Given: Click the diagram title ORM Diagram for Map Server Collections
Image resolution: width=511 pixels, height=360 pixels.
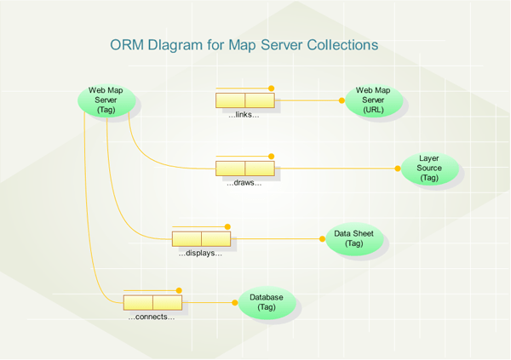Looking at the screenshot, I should (244, 44).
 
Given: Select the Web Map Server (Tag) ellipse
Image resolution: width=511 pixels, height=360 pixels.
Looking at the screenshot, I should (106, 100).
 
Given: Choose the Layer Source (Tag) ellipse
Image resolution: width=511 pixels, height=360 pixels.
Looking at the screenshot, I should (429, 169).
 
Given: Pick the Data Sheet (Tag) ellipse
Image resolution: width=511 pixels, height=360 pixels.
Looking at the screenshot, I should (354, 239).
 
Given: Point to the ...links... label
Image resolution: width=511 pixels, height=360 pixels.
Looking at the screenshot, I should (244, 114).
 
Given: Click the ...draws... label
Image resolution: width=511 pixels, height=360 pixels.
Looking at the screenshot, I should (244, 183).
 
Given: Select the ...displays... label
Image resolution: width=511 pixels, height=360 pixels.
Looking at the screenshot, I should (200, 253).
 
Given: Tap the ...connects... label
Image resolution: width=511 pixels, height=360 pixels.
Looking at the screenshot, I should (152, 317).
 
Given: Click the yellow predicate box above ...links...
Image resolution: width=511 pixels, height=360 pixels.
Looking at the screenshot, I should (245, 100).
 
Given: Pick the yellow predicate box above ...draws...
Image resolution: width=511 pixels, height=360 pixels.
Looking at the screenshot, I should (245, 169).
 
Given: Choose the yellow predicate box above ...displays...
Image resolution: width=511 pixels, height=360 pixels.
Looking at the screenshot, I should (201, 239).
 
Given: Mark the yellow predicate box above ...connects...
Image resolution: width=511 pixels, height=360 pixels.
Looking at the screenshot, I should (152, 302).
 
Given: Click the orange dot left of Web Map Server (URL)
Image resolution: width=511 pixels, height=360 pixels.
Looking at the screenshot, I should (342, 100).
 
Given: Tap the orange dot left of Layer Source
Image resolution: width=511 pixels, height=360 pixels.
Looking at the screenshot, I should (398, 169).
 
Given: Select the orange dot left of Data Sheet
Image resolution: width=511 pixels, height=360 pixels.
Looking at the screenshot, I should (323, 239).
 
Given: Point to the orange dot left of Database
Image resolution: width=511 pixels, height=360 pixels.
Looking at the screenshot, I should (235, 302).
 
